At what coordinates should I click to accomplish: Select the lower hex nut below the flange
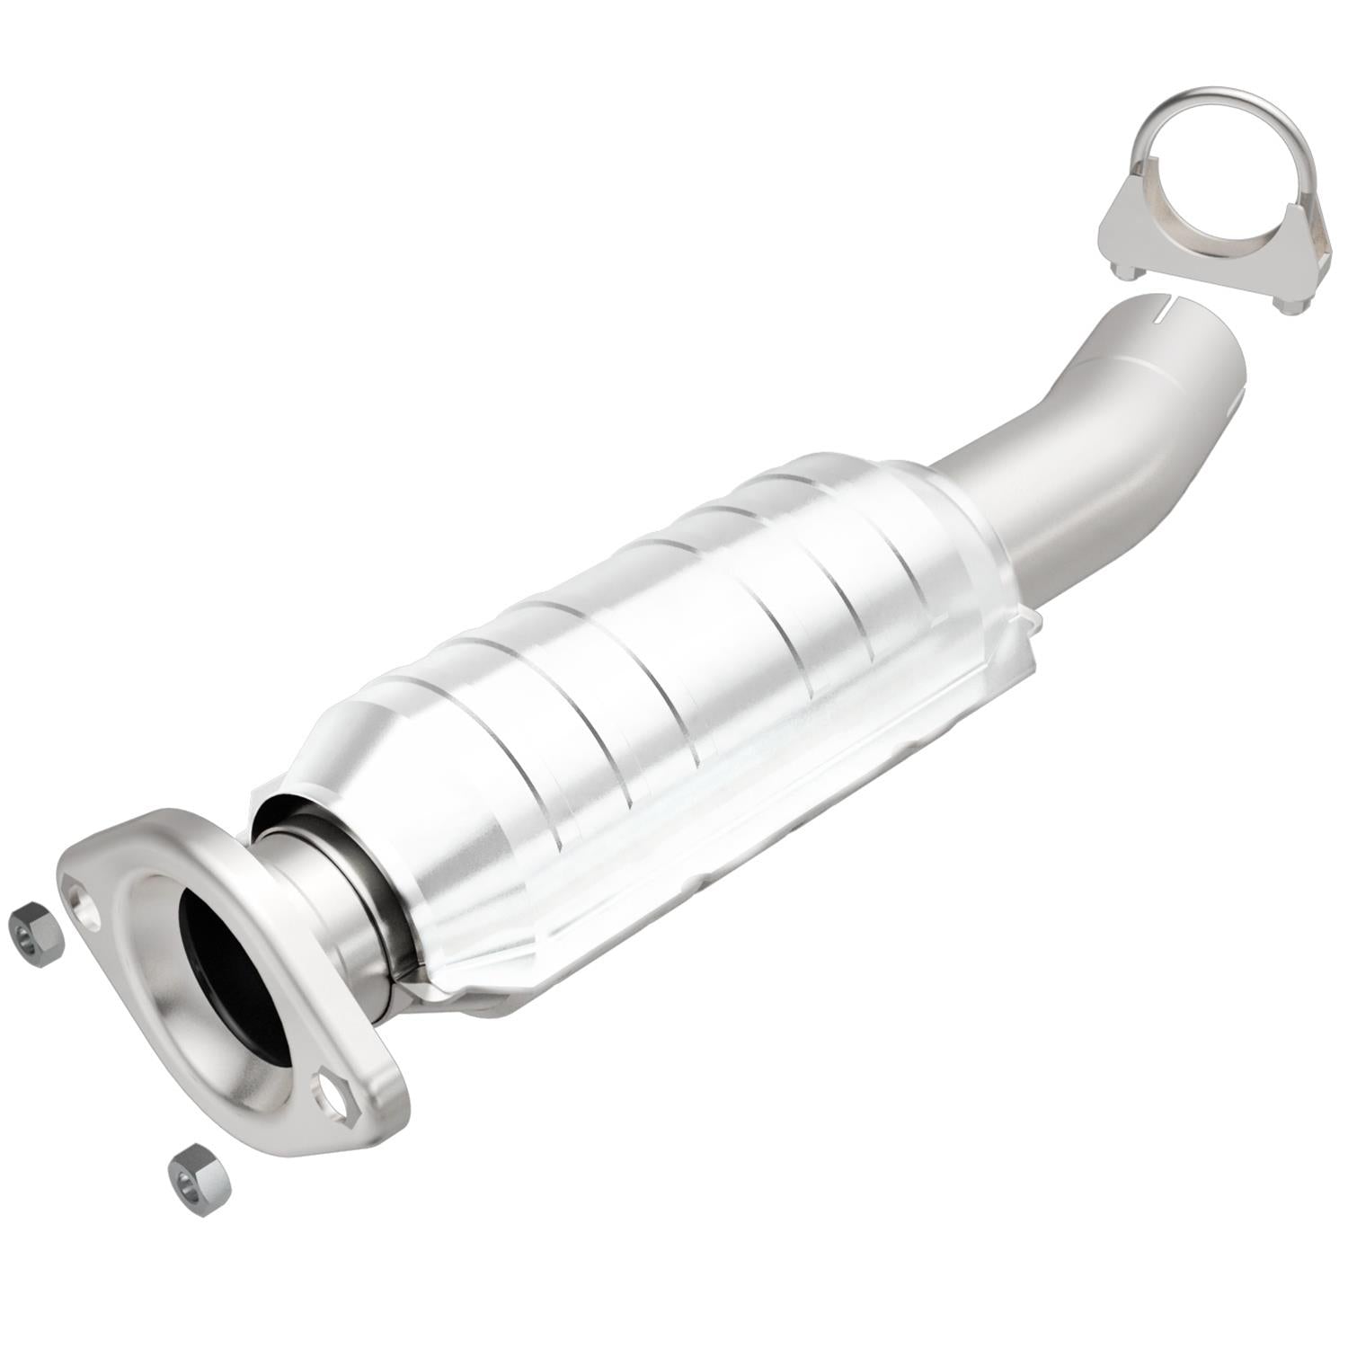(x=199, y=1178)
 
